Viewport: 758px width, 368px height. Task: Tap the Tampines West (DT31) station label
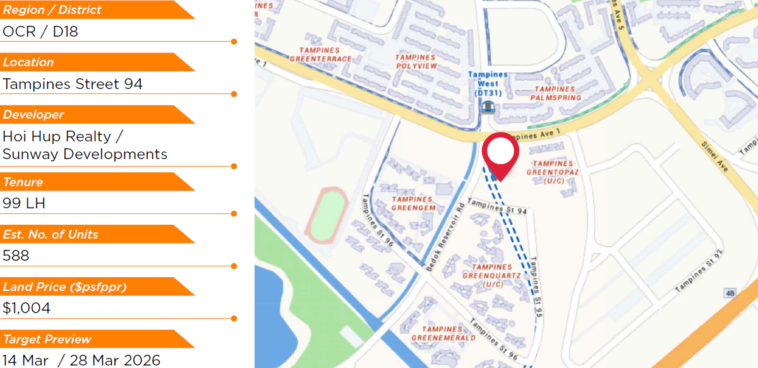(x=488, y=84)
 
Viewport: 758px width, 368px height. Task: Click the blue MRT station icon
(x=487, y=107)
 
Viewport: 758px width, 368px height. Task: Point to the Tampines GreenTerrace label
(x=320, y=55)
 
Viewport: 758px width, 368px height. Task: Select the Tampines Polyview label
(x=416, y=62)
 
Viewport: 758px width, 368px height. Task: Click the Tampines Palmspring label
(x=555, y=93)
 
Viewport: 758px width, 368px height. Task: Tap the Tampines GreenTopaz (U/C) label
(x=553, y=172)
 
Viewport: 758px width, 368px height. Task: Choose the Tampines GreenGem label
(x=414, y=204)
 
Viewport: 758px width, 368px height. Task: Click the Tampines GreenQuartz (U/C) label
(x=491, y=276)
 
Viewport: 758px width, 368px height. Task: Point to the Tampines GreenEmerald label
(x=443, y=334)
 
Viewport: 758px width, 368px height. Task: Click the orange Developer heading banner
(x=95, y=115)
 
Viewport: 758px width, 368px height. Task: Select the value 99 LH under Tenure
(x=24, y=203)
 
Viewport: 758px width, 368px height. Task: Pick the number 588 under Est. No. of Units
(x=16, y=256)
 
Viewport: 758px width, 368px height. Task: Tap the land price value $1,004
(x=27, y=308)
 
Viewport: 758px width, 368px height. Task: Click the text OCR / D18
(x=40, y=32)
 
